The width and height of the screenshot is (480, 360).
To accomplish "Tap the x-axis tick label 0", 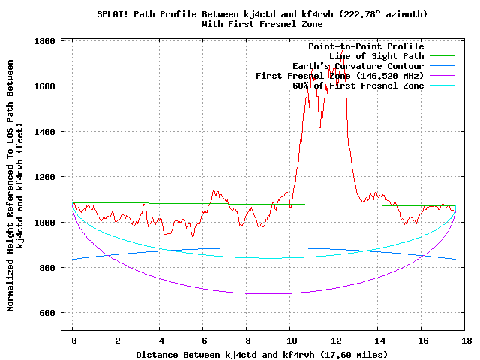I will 73,340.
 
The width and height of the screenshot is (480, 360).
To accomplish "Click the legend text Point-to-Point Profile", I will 366,46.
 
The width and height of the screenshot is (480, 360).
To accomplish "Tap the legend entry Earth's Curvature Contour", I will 358,66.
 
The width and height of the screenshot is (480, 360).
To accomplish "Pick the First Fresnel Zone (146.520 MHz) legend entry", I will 340,76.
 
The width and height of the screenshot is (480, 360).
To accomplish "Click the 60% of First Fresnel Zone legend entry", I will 358,85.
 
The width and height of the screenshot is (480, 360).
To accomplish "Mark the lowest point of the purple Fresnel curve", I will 266,293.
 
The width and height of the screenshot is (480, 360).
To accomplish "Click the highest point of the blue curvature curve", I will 266,247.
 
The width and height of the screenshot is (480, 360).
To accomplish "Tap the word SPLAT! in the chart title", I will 113,14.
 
